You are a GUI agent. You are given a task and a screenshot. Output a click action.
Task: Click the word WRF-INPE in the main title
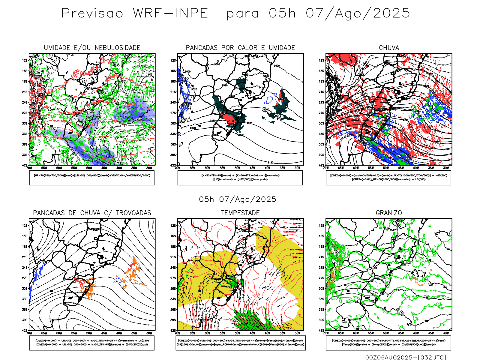tap(170, 13)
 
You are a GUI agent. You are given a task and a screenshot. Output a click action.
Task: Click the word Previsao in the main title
tap(92, 13)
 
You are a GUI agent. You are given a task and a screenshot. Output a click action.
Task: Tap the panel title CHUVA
tap(389, 48)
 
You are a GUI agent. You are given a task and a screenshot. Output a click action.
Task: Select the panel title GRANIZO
tap(389, 213)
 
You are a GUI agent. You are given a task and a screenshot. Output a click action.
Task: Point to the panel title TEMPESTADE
tap(240, 213)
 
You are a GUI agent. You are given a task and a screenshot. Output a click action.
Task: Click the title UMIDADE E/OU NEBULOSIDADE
tap(92, 48)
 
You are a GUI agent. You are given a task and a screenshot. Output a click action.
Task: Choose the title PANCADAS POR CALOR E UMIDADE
tap(240, 48)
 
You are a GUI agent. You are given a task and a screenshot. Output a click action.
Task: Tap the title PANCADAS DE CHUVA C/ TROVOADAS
tap(92, 213)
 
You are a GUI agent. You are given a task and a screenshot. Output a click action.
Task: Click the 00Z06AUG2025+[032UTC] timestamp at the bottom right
tap(406, 357)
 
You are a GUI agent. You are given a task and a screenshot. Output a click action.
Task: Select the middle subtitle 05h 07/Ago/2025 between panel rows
tap(238, 199)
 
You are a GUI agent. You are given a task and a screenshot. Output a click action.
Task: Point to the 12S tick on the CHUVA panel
tap(322, 60)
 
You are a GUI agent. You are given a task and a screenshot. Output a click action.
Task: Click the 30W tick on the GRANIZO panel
tap(446, 333)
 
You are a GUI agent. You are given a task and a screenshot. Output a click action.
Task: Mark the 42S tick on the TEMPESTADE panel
tap(173, 330)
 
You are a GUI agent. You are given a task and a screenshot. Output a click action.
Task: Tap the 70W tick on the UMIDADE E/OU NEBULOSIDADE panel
tap(29, 168)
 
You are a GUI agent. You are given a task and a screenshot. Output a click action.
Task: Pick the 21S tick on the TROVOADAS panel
tap(25, 257)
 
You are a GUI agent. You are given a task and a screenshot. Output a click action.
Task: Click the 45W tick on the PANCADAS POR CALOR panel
tap(253, 168)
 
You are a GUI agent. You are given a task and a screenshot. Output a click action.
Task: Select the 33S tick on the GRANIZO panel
tap(322, 299)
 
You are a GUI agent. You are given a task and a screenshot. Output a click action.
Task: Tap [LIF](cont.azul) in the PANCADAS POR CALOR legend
tap(223, 179)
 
